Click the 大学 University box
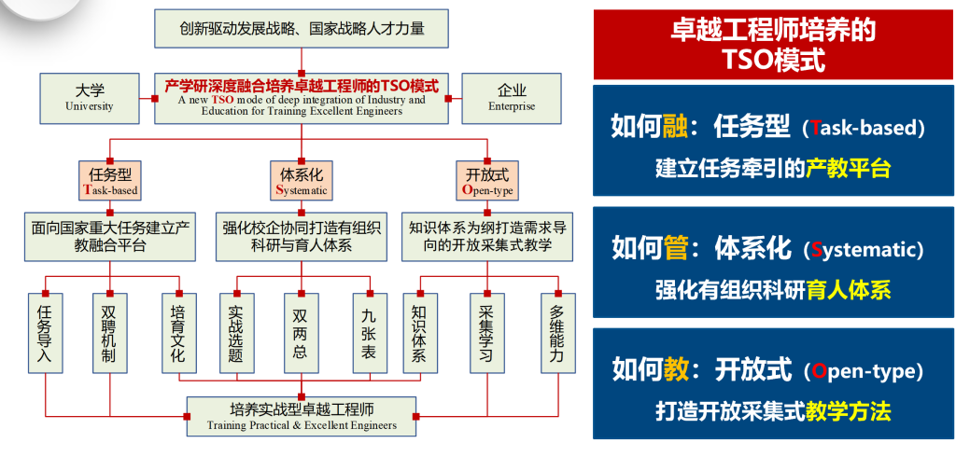[x=90, y=98]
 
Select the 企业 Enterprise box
[x=512, y=98]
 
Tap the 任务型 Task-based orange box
[x=110, y=181]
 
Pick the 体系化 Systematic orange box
[x=302, y=181]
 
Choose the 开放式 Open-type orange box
[x=487, y=181]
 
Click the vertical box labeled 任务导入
[x=46, y=333]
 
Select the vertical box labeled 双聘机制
[x=110, y=333]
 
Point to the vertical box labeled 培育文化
[x=178, y=333]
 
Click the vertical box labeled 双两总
[x=302, y=333]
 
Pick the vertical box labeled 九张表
[x=370, y=333]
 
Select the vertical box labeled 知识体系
[x=420, y=333]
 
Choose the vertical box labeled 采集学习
[x=487, y=333]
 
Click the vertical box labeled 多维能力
[x=558, y=333]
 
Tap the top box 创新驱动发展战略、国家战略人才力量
[x=302, y=29]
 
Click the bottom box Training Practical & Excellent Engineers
[x=302, y=416]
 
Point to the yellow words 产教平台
[x=848, y=168]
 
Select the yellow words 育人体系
[x=849, y=290]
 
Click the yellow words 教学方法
[x=849, y=411]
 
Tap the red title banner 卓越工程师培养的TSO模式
[x=773, y=45]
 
